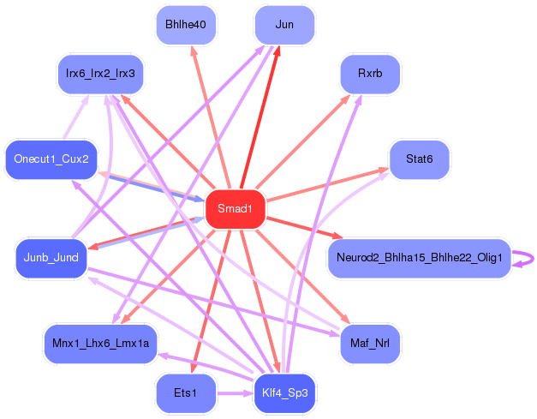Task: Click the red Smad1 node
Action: click(x=235, y=209)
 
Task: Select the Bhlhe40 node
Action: click(x=185, y=25)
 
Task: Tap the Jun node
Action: click(x=284, y=25)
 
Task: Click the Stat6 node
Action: click(x=419, y=159)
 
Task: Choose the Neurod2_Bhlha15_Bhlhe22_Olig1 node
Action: click(x=419, y=258)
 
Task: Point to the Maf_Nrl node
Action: click(x=370, y=344)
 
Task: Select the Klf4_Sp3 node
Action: click(x=284, y=393)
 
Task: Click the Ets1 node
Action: click(x=185, y=393)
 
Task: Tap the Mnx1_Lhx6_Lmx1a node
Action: click(x=100, y=344)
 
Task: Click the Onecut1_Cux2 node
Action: click(x=51, y=159)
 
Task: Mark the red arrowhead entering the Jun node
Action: click(x=276, y=51)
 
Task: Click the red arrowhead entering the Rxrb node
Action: click(x=349, y=97)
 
